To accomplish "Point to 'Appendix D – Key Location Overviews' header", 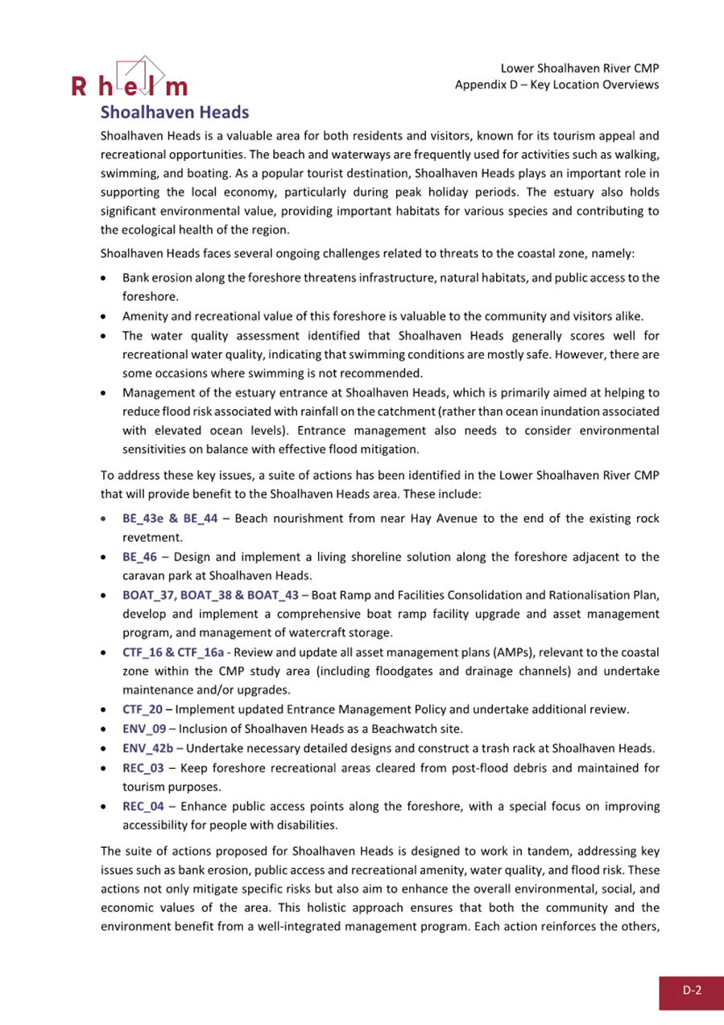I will click(x=557, y=85).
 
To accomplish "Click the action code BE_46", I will click(x=140, y=556).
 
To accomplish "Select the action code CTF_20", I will click(x=143, y=709).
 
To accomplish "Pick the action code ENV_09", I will click(x=144, y=728).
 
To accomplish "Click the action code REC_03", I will click(x=143, y=767).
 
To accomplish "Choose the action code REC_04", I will click(x=143, y=806).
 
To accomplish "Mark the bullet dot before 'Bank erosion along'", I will click(x=105, y=279).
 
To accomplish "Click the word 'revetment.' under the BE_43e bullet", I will click(x=149, y=537).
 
